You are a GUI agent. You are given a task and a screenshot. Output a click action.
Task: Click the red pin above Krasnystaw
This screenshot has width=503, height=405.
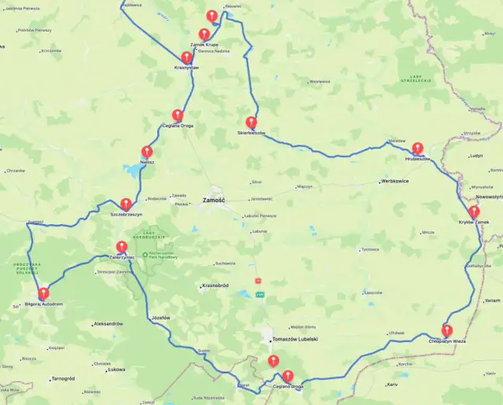point(186,57)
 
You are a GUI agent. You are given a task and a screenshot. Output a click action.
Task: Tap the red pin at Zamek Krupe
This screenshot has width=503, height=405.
point(204,34)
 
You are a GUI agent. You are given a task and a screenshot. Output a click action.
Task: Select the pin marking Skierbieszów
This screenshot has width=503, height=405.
point(251,122)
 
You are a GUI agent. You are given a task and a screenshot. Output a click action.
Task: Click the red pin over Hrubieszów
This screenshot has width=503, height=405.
point(417,148)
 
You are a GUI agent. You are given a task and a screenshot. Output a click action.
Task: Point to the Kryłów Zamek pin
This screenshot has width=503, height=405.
point(474,212)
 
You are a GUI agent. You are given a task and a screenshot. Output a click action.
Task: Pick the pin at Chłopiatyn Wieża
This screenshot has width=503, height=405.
point(446,330)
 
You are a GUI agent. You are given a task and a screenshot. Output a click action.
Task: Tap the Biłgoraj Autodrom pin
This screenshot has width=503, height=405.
point(43,293)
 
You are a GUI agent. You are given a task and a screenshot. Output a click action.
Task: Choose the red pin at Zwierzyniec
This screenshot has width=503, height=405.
point(121,246)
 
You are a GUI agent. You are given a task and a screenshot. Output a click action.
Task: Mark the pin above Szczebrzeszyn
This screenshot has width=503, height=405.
point(126,204)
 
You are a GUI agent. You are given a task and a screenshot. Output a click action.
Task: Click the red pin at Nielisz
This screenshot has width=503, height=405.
point(147,152)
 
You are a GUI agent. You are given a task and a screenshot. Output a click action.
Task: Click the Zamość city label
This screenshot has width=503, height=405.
point(214,200)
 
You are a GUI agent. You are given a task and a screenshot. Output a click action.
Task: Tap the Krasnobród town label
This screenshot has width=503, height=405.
point(215,285)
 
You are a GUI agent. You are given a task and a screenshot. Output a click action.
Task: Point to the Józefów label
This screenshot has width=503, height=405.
point(160,317)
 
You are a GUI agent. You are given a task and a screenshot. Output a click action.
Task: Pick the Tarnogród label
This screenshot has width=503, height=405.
point(62,378)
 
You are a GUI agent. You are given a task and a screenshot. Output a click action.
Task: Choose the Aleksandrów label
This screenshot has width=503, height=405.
point(108,324)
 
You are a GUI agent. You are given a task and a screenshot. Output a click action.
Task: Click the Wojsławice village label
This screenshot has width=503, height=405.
point(319,81)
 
